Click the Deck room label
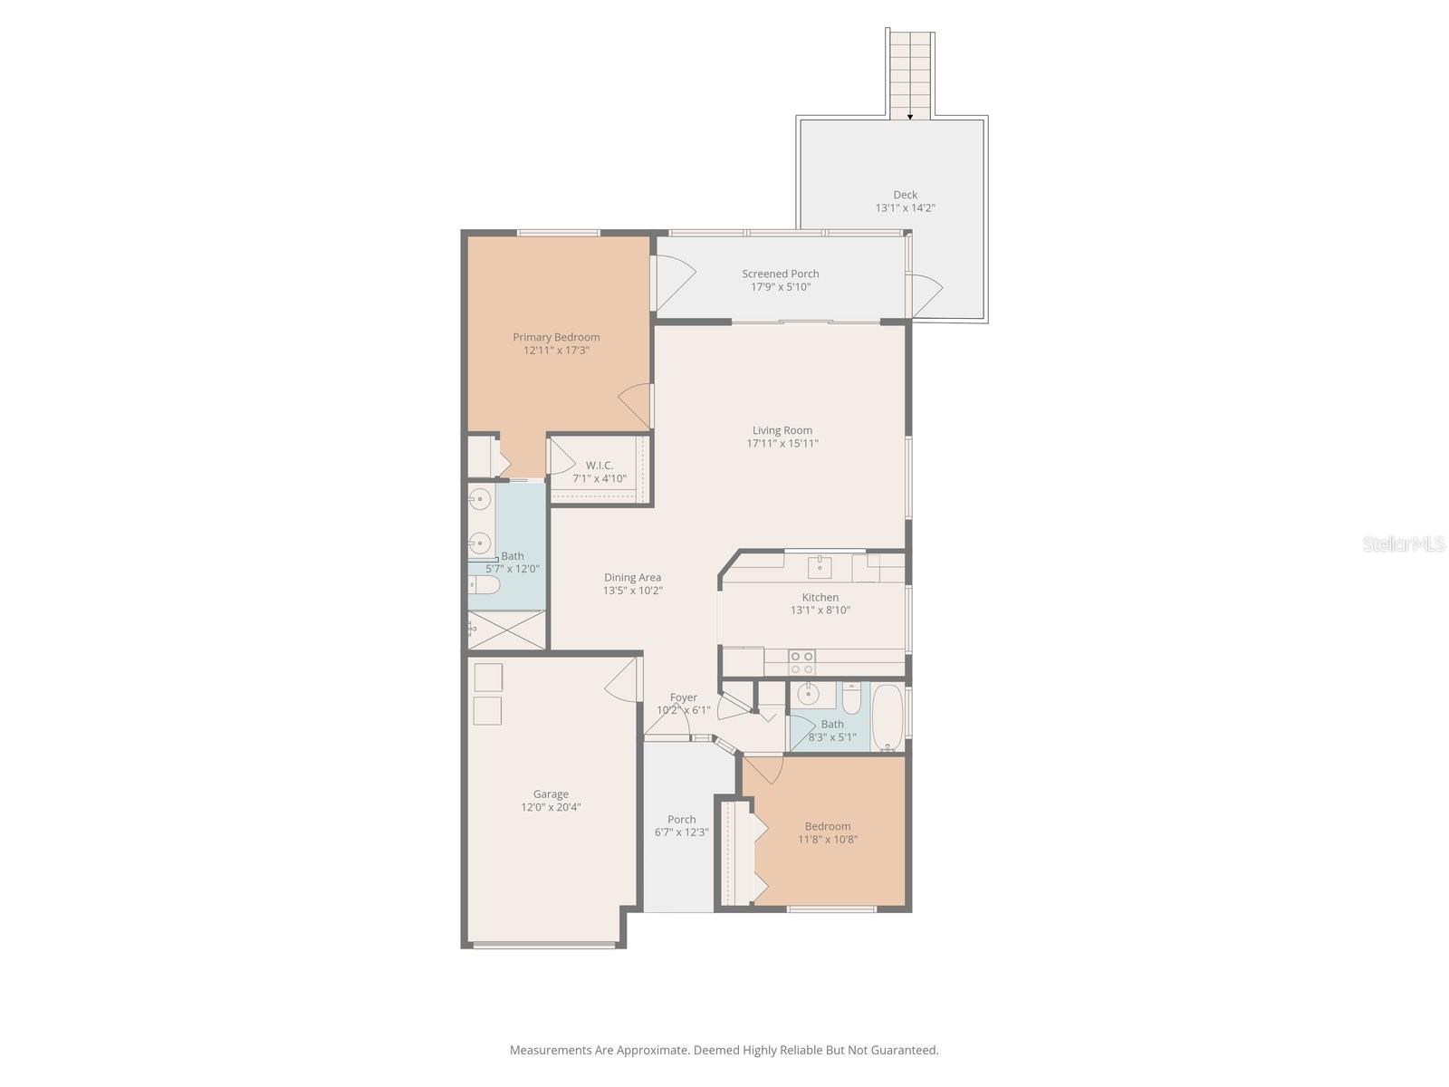coord(905,195)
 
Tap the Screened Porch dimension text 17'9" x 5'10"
coord(780,287)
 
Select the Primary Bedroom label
coord(556,337)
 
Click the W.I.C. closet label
coord(599,466)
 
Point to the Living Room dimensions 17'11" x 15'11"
coord(782,444)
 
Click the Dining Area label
coord(632,577)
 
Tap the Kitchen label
coord(820,597)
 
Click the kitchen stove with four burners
coord(801,662)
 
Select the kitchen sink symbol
coord(820,568)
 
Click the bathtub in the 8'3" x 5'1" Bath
coord(888,717)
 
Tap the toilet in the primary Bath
coord(484,585)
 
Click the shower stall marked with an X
coord(507,630)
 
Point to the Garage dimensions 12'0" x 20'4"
coord(551,807)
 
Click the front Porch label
coord(681,819)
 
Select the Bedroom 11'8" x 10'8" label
coord(827,826)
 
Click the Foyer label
coord(683,697)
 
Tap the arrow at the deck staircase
coord(910,117)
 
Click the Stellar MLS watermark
coord(1403,543)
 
